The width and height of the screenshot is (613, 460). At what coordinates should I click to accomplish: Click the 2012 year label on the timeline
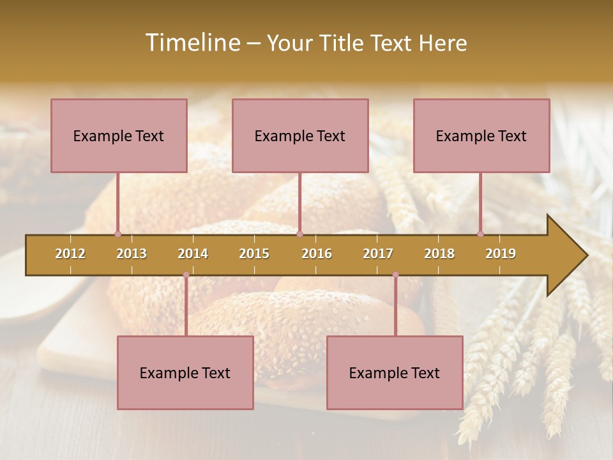click(70, 254)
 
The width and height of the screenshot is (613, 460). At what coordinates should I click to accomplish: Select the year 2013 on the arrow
click(132, 254)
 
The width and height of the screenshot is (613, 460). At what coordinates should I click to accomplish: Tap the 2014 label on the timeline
click(193, 254)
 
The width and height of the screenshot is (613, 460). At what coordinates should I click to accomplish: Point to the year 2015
click(254, 254)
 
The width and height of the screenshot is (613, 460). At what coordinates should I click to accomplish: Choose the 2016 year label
click(317, 254)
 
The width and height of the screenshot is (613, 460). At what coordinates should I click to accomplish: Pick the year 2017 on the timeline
click(378, 254)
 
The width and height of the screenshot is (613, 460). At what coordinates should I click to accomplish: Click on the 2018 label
click(439, 254)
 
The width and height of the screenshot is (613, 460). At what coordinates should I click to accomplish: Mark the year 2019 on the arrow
click(501, 254)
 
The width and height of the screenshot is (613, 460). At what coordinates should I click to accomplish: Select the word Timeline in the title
click(192, 43)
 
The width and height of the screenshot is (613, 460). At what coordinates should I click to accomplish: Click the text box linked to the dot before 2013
click(119, 135)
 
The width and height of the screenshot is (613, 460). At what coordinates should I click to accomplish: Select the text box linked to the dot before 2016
click(300, 135)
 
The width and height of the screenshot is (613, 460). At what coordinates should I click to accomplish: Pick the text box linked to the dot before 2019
click(481, 135)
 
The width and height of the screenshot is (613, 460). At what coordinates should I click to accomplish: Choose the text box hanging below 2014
click(185, 372)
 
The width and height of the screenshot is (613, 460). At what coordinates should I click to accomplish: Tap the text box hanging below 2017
click(395, 372)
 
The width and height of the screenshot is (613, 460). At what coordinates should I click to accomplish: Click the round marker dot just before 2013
click(117, 234)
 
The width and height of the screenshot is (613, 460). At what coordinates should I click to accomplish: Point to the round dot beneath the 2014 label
click(186, 275)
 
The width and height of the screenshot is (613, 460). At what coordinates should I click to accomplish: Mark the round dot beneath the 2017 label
click(395, 275)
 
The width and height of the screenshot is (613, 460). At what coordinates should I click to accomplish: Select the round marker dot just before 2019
click(480, 234)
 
